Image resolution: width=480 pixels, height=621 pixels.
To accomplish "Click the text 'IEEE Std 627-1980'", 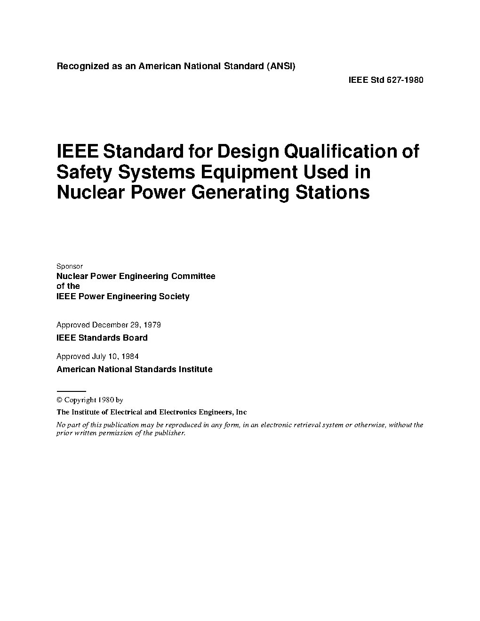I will [x=385, y=80].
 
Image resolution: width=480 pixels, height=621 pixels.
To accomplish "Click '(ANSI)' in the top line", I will [x=281, y=66].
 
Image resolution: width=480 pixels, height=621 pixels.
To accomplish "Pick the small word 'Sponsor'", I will [x=70, y=266].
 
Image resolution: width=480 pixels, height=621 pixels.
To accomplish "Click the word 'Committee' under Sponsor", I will [x=193, y=276].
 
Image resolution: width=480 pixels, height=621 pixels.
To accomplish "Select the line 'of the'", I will [x=68, y=286].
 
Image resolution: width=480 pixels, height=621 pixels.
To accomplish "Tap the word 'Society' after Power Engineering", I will [x=174, y=296].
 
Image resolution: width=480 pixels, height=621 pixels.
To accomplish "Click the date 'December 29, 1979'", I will [x=127, y=325].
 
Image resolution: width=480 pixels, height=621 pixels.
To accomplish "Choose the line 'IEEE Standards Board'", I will [x=102, y=338].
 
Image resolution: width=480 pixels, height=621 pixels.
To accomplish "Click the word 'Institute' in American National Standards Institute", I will [x=195, y=369].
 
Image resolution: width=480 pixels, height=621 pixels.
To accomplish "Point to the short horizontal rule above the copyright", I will [x=71, y=391].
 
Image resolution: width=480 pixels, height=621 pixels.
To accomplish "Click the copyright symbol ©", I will [x=59, y=400].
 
